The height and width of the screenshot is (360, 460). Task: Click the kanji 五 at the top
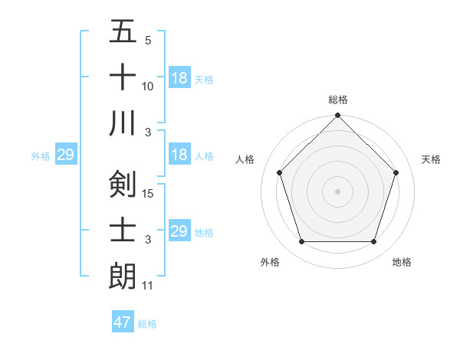tap(123, 31)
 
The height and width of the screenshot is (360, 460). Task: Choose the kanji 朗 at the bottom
tap(123, 275)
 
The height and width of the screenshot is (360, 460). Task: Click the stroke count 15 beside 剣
tap(149, 194)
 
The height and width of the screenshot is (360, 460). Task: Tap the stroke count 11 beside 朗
tap(148, 286)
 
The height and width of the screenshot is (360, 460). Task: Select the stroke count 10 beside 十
tap(149, 87)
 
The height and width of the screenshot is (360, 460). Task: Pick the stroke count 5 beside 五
tap(148, 41)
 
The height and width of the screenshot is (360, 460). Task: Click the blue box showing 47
tap(123, 322)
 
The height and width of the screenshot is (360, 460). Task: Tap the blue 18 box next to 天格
tap(179, 78)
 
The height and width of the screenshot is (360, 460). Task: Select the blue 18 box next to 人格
tap(179, 155)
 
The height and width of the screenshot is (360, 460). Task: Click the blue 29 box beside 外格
tap(65, 155)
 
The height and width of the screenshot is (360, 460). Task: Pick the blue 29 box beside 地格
tap(179, 231)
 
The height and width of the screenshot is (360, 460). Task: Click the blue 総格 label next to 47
tap(147, 324)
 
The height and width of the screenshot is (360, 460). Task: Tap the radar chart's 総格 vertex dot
tap(337, 116)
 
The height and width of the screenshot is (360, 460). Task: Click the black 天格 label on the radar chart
tap(432, 159)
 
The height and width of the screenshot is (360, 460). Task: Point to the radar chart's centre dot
tap(337, 191)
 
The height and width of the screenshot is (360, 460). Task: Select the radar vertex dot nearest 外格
tap(301, 242)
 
